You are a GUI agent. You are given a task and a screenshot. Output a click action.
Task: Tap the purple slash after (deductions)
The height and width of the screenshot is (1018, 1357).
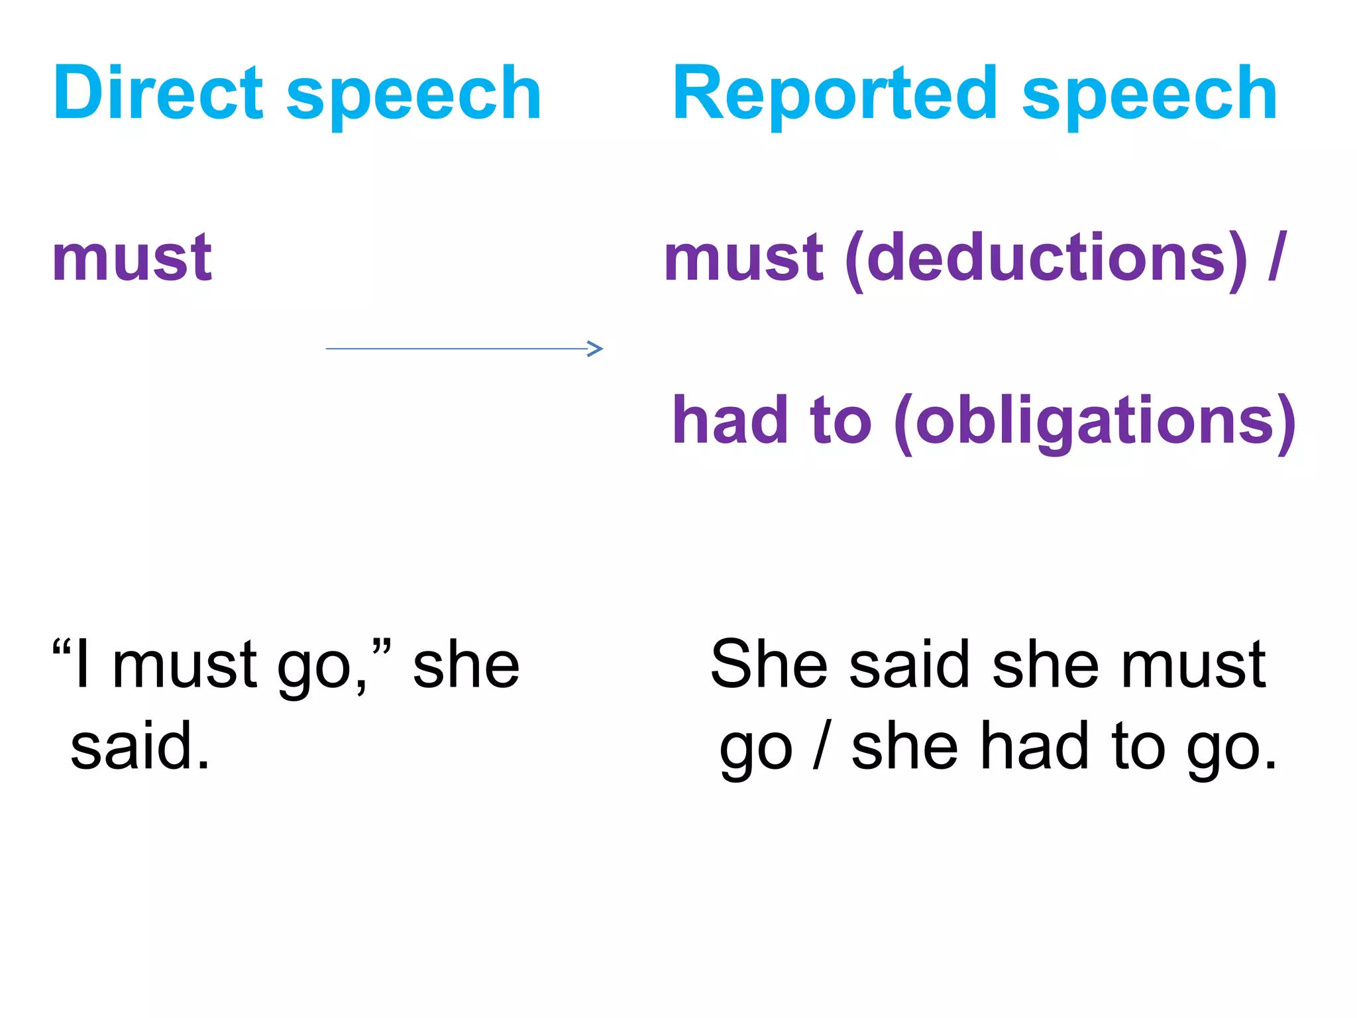click(x=1277, y=257)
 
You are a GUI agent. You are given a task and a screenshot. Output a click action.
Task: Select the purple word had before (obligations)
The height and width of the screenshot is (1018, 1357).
click(x=730, y=420)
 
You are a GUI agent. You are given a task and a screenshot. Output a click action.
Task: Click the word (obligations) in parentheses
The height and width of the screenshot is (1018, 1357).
click(x=1095, y=422)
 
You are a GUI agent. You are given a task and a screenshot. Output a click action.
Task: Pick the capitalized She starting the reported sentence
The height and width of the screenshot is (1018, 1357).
click(x=769, y=664)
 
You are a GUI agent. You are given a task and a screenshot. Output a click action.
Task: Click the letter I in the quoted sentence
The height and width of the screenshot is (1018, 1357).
click(x=82, y=664)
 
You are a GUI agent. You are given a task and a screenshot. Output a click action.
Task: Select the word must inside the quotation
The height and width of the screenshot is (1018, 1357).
click(x=185, y=665)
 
